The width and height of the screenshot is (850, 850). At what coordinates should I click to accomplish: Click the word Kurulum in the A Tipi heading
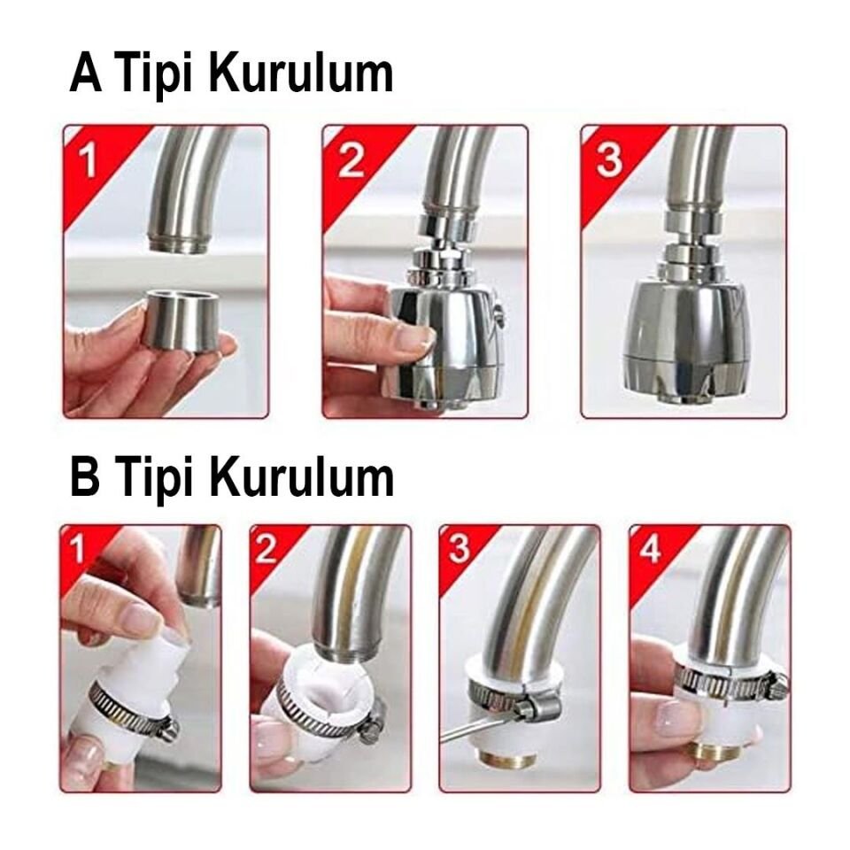coord(301,74)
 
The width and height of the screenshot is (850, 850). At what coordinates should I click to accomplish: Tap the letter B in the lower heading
coord(86,477)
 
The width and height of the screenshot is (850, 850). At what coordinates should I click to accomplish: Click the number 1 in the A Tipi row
coord(87,161)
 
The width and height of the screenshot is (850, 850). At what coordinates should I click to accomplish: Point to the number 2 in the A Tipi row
coord(350,161)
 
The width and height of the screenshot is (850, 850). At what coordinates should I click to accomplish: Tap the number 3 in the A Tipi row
coord(609,161)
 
